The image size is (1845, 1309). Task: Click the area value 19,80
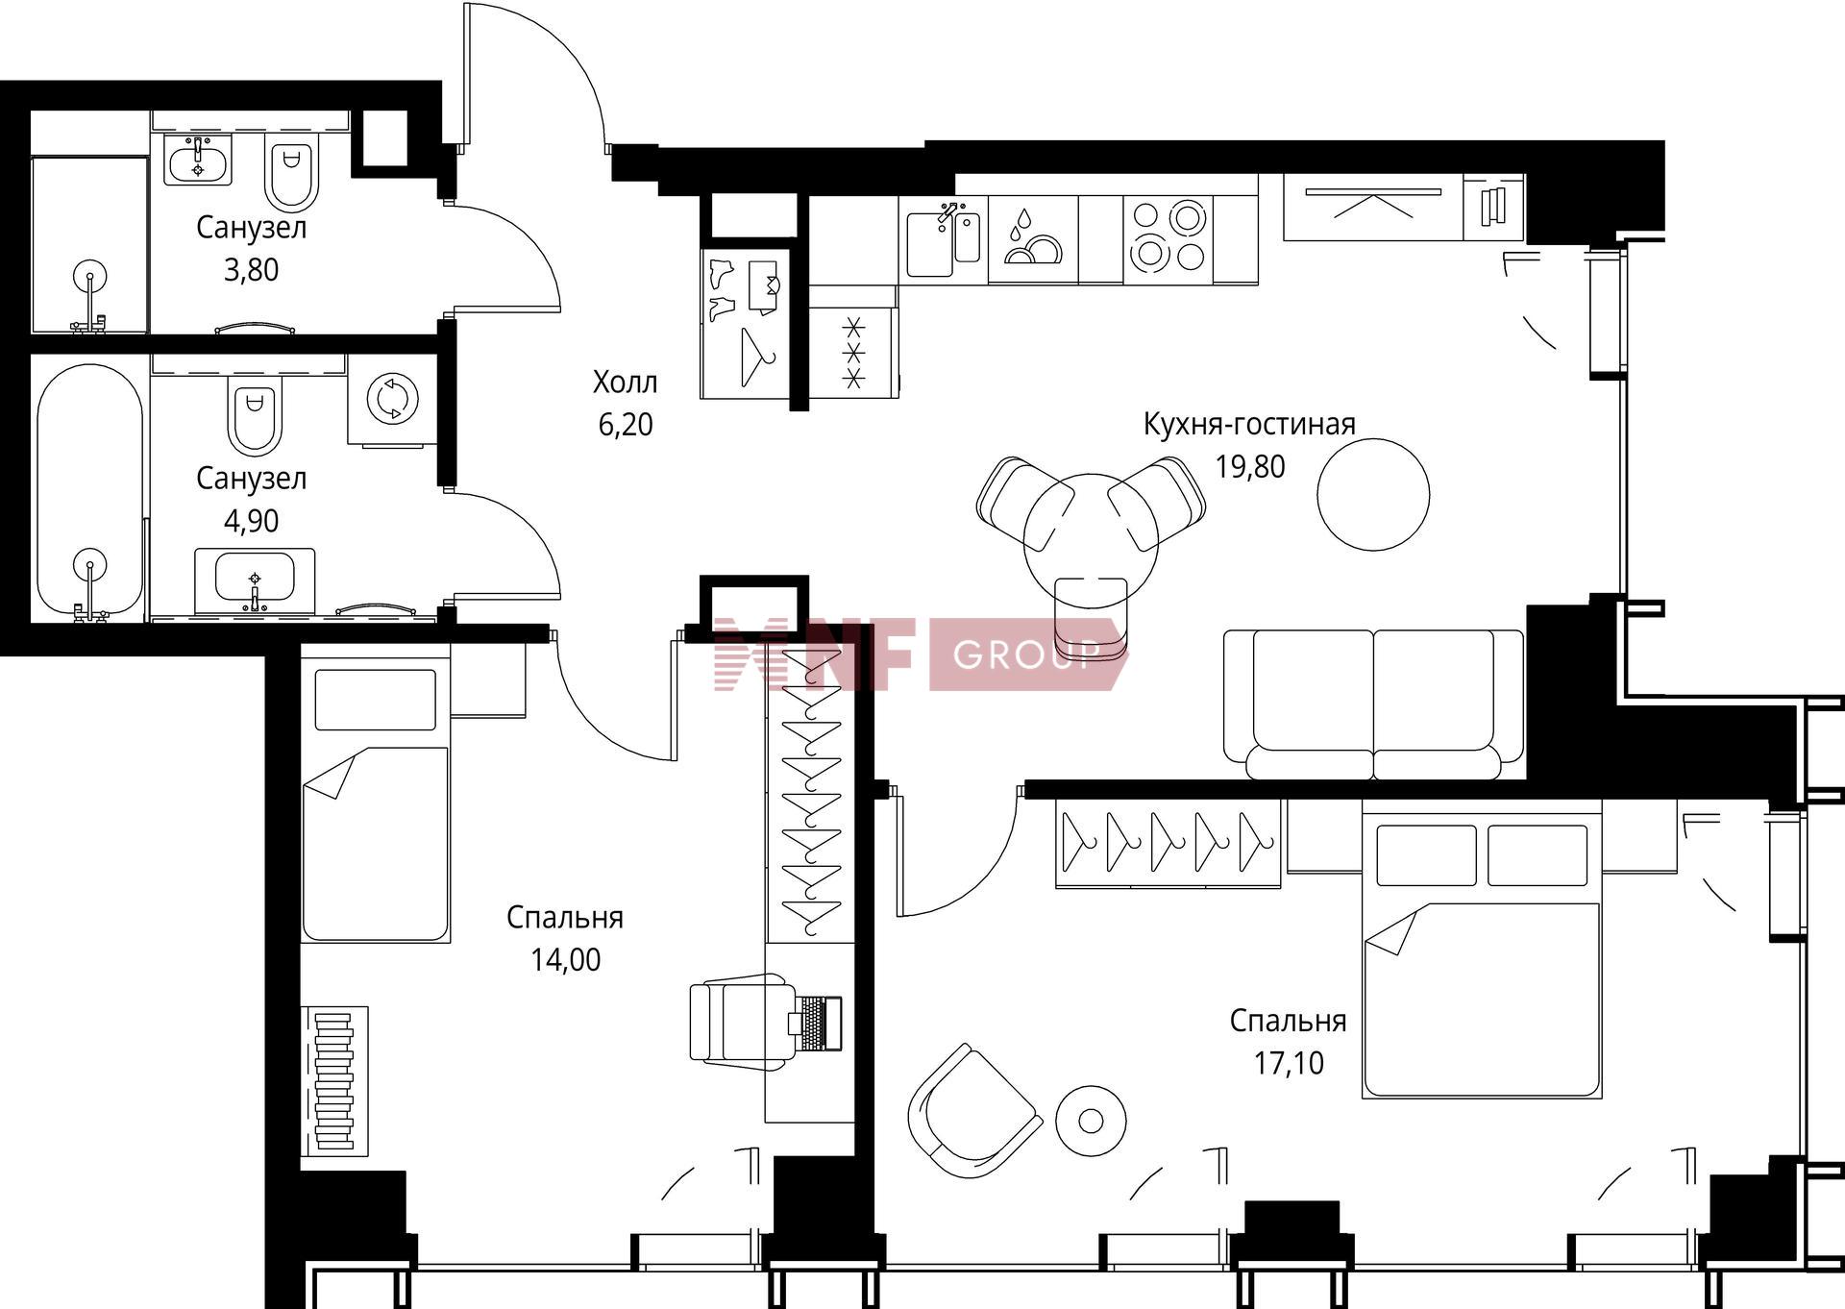click(x=1249, y=467)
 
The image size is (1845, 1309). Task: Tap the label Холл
click(x=626, y=383)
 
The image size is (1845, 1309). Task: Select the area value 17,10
click(x=1289, y=1063)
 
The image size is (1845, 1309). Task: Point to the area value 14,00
click(x=566, y=959)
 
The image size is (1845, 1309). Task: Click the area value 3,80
click(x=252, y=270)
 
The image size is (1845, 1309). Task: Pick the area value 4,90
click(x=252, y=521)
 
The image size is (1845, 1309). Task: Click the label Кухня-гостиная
click(x=1249, y=424)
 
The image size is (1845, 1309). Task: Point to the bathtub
click(x=90, y=492)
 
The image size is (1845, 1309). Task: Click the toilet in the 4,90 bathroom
click(x=255, y=416)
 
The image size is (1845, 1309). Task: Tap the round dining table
click(x=1091, y=539)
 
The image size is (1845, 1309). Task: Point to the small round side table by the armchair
click(x=1091, y=1121)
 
